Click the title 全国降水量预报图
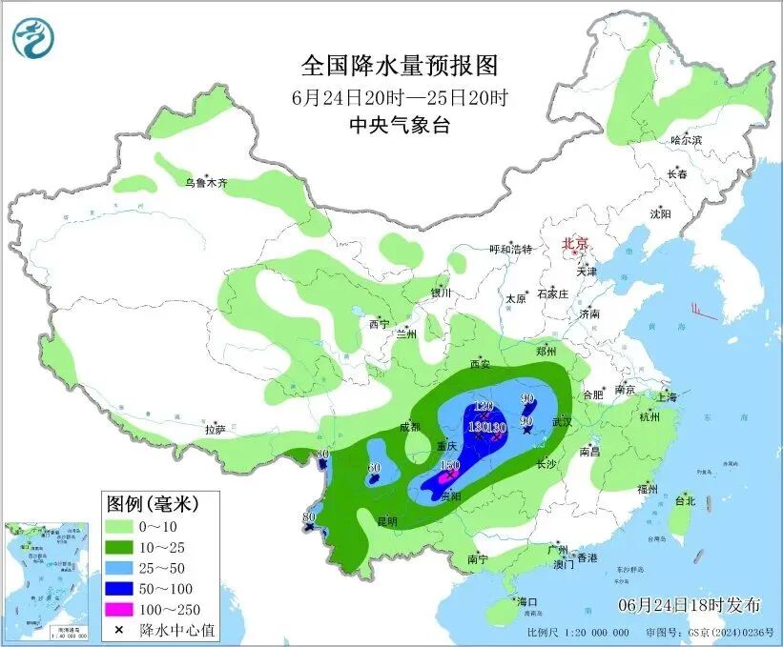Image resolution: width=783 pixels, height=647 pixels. (x=400, y=66)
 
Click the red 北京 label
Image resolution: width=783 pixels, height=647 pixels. (x=576, y=244)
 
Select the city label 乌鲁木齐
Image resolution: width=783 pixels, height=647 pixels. (x=207, y=183)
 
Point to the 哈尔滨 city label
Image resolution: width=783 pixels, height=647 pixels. (x=686, y=139)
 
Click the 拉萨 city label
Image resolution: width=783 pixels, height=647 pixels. (x=215, y=430)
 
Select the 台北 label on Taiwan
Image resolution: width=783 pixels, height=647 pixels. (x=685, y=500)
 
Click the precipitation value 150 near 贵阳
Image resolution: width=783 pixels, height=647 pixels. (x=451, y=464)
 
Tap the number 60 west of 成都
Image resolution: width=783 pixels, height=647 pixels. (x=374, y=468)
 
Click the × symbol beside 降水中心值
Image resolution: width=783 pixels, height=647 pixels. (x=117, y=630)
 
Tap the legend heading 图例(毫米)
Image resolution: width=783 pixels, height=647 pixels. (x=160, y=503)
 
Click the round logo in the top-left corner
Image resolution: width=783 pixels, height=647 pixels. (x=33, y=37)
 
